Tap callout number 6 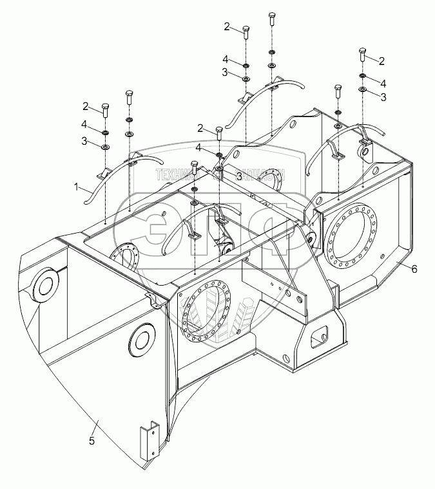pyautogui.click(x=413, y=268)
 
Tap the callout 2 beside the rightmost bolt pyautogui.click(x=382, y=61)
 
